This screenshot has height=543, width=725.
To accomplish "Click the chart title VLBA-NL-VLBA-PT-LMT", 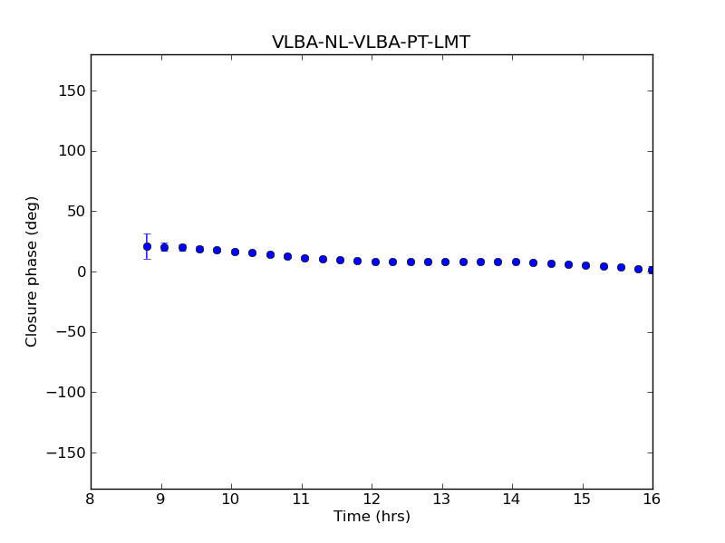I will (371, 43).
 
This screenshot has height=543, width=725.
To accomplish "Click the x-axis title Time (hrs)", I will (372, 517).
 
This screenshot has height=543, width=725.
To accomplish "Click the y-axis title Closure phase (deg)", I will (33, 271).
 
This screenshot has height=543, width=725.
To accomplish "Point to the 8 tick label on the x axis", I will (91, 500).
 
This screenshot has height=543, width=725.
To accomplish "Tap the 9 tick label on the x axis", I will (161, 500).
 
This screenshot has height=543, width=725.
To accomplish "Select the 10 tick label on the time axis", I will (231, 500).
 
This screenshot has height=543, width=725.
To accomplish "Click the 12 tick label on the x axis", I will (372, 500).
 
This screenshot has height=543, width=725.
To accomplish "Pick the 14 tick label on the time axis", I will (512, 500).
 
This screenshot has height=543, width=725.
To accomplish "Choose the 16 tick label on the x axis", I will (652, 500).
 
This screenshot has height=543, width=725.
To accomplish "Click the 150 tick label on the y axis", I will (72, 90).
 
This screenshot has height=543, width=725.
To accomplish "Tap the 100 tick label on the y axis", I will (72, 151).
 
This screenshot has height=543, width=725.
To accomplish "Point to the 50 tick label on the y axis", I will (75, 212).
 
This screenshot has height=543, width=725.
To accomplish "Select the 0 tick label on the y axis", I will (79, 271).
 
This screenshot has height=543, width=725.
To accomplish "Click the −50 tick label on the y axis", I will (70, 332).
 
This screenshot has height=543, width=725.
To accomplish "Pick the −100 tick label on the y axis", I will (66, 393).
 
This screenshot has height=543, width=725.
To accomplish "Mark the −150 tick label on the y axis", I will (66, 452).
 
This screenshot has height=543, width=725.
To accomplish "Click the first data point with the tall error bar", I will (147, 246).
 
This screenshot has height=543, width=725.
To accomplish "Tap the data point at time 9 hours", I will (164, 247).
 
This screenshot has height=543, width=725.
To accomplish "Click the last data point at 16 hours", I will (652, 270).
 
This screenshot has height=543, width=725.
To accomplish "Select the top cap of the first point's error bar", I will (147, 234).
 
